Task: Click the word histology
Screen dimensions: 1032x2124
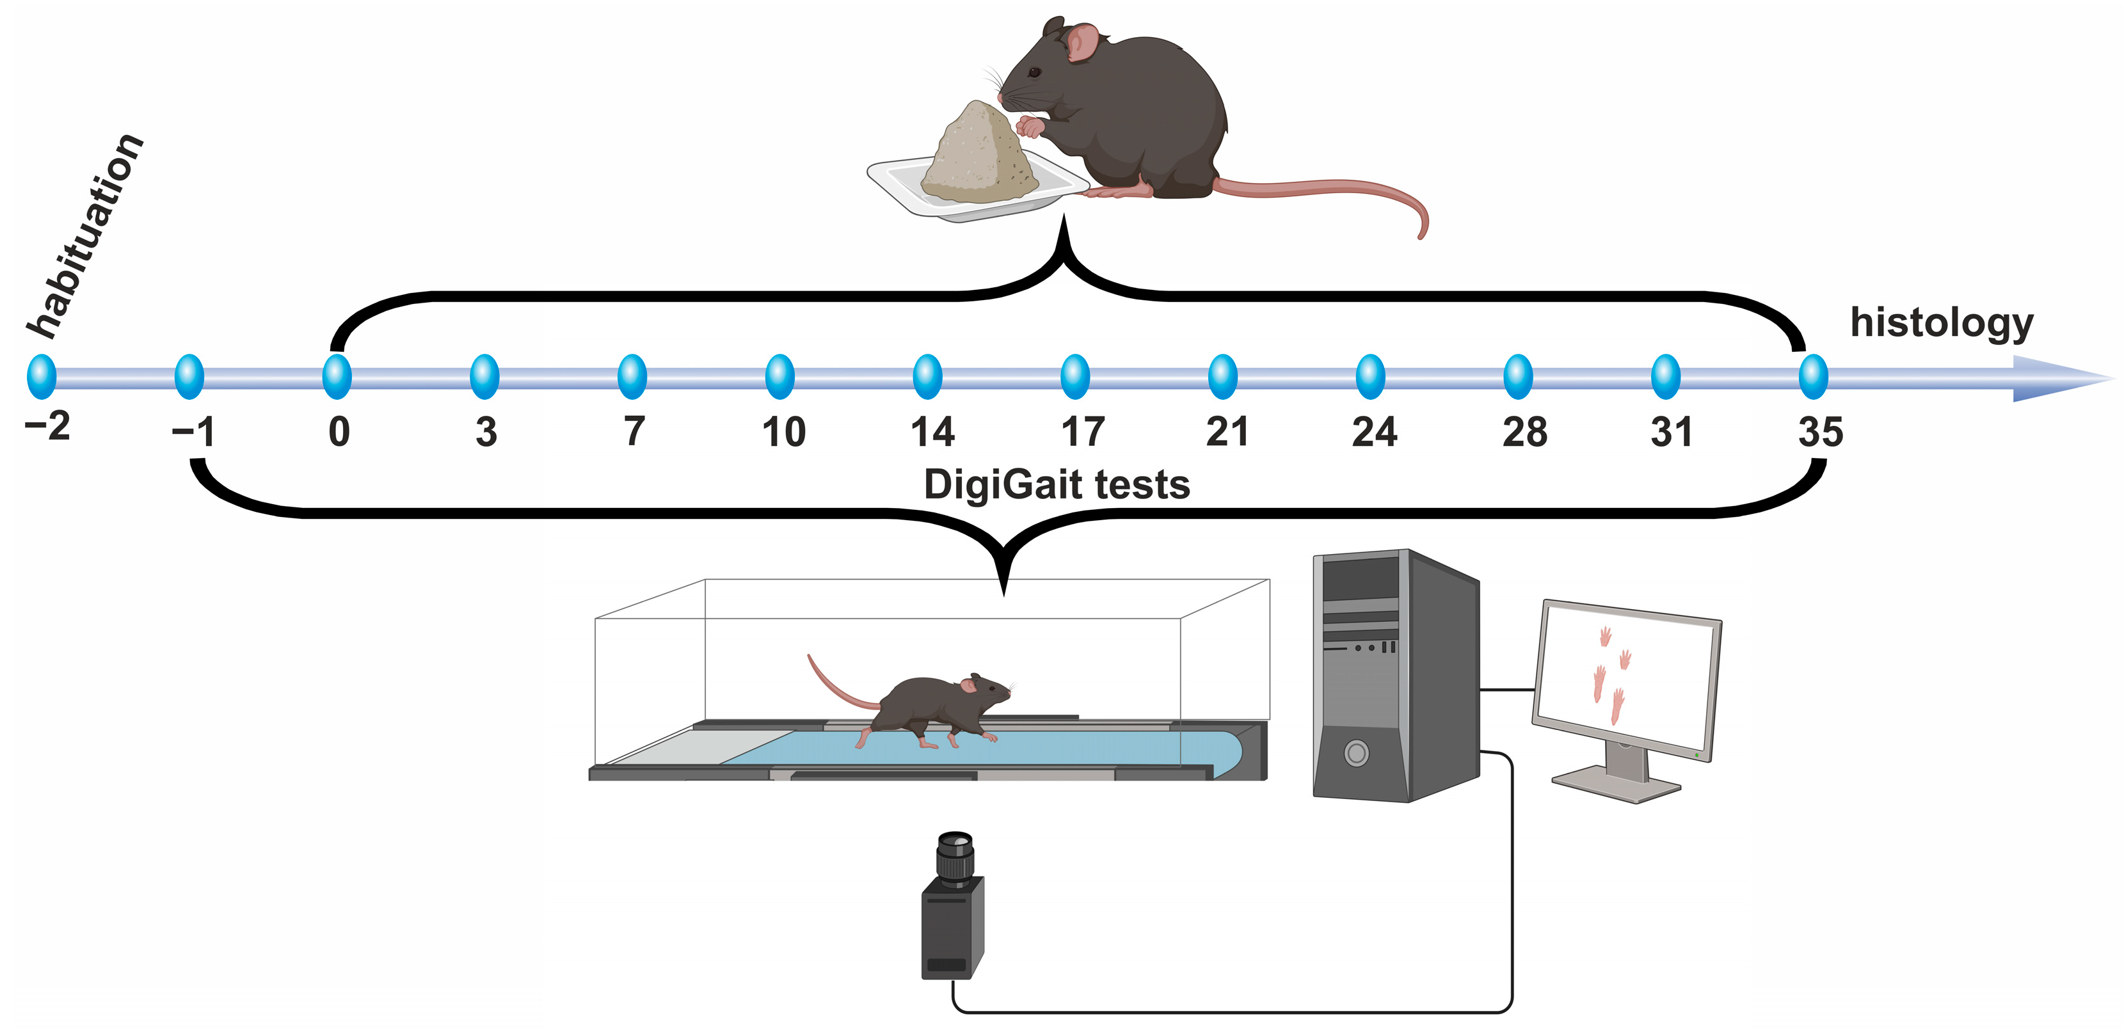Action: tap(1941, 323)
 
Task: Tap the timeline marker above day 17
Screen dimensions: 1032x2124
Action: tap(1075, 377)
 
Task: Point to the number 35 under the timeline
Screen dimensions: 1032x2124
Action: tap(1821, 432)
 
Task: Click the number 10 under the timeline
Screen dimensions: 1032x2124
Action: tap(783, 432)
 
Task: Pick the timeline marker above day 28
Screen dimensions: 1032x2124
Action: tap(1518, 377)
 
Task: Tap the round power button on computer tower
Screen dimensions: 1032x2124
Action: tap(1356, 752)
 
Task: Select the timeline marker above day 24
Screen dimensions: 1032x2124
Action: tap(1370, 377)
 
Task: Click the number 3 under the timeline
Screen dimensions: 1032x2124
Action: tap(486, 432)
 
